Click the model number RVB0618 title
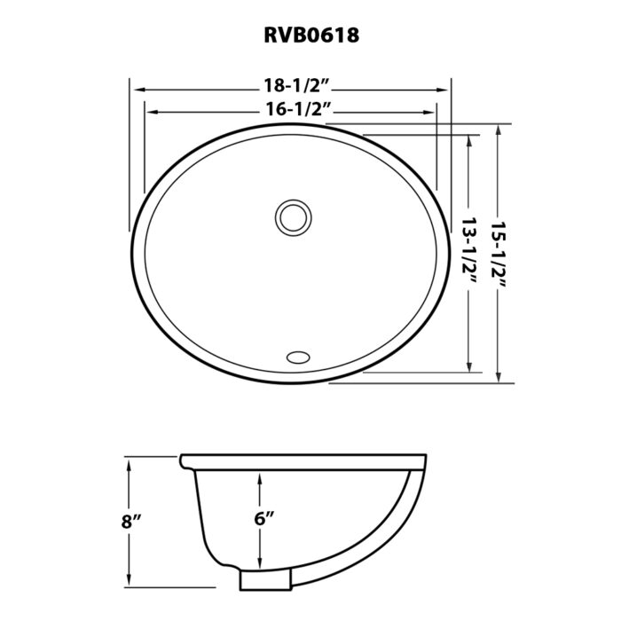click(x=310, y=35)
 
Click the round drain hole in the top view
click(x=293, y=216)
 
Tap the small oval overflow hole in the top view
click(x=298, y=357)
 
